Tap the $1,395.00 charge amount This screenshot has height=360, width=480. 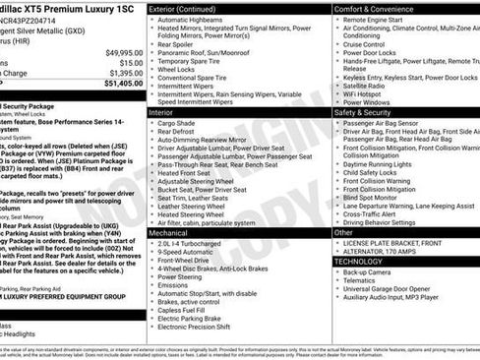coord(120,73)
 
